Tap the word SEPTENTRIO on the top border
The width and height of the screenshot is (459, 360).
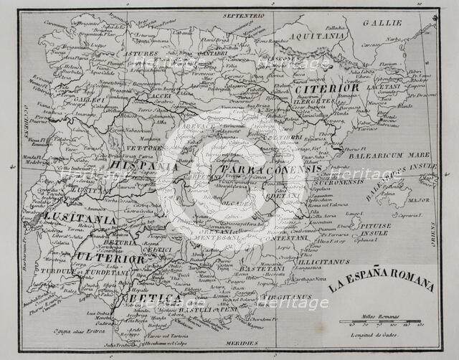coord(243,15)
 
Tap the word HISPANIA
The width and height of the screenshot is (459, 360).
coord(143,166)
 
